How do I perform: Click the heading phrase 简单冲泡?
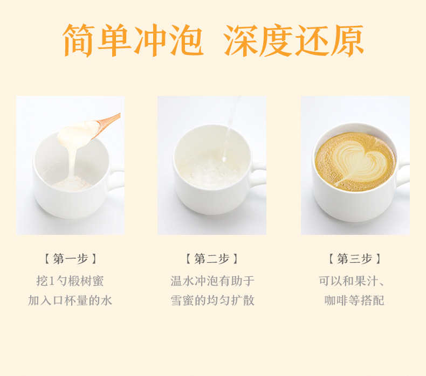pyautogui.click(x=133, y=40)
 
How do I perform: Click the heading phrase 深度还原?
pyautogui.click(x=294, y=40)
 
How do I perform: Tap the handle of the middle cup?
pyautogui.click(x=258, y=174)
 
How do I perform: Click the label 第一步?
pyautogui.click(x=70, y=259)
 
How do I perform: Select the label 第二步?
pyautogui.click(x=211, y=259)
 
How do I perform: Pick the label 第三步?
pyautogui.click(x=354, y=259)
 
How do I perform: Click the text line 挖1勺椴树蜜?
pyautogui.click(x=70, y=281)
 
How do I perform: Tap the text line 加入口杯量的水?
pyautogui.click(x=70, y=301)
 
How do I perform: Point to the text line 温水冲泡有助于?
pyautogui.click(x=212, y=281)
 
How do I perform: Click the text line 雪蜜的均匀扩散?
pyautogui.click(x=212, y=301)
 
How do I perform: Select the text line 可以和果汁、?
pyautogui.click(x=352, y=281)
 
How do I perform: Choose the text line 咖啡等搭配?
pyautogui.click(x=354, y=301)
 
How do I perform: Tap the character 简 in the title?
pyautogui.click(x=79, y=40)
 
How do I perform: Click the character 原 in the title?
pyautogui.click(x=348, y=41)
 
